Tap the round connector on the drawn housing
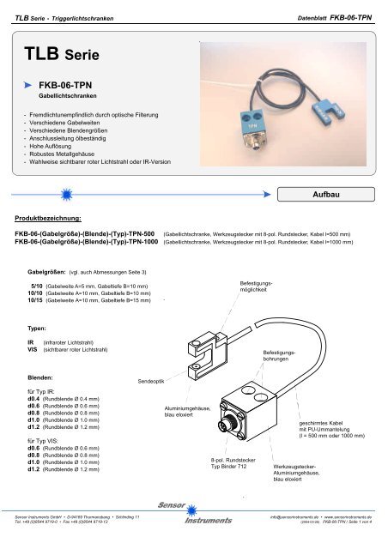tap(230, 425)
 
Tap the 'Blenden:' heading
tap(43, 377)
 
